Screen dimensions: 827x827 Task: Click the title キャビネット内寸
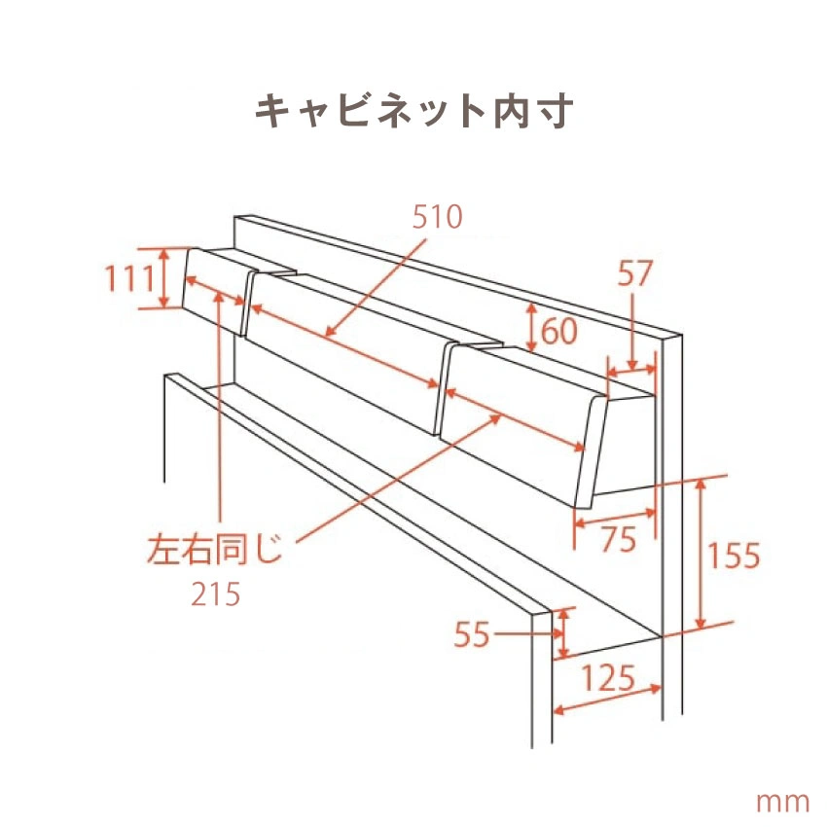click(414, 111)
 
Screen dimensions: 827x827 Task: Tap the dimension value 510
click(437, 217)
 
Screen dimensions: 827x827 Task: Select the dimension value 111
click(129, 278)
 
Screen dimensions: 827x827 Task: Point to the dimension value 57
click(635, 273)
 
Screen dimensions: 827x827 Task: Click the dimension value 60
click(559, 331)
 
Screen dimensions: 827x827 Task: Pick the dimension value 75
click(619, 539)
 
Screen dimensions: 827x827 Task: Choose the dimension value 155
click(734, 556)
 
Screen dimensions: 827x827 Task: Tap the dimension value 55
click(472, 634)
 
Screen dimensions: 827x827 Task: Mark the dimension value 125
click(607, 678)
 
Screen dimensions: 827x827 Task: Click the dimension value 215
click(215, 593)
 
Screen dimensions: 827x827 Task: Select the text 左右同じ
click(215, 550)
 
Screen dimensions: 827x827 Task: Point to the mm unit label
click(782, 803)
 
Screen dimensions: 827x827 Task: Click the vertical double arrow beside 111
click(164, 278)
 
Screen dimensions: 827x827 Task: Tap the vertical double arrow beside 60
click(531, 327)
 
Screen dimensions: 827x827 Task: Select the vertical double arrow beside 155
click(701, 554)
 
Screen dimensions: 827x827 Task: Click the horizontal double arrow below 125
click(607, 700)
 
